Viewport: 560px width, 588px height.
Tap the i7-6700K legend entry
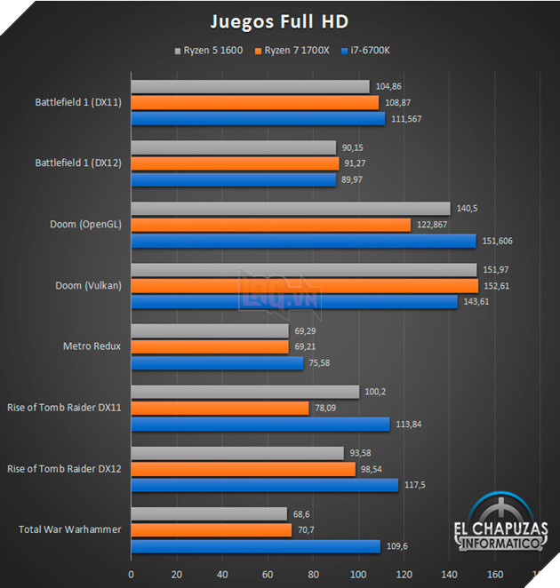365,50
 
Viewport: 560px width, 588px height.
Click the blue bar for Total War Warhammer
256,546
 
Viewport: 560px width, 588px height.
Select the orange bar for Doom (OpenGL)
271,225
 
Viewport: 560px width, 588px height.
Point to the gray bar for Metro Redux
210,330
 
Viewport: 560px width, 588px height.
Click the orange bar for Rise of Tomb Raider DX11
220,408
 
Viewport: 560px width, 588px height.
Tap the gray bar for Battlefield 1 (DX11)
250,86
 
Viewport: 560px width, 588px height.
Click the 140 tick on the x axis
450,574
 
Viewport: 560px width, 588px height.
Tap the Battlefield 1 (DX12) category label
78,163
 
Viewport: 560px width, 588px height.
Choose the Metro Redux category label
92,346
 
